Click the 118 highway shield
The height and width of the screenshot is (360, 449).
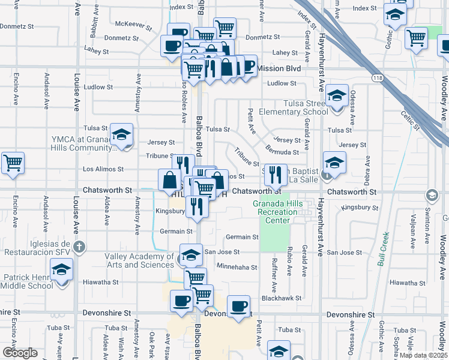(376, 78)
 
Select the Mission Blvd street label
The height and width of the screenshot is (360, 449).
(279, 68)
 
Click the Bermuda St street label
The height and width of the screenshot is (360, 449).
(282, 152)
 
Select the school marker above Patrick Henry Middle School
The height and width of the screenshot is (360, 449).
(61, 271)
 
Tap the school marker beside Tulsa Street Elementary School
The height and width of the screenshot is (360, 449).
(337, 96)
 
